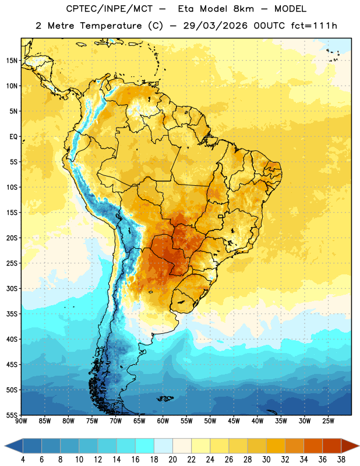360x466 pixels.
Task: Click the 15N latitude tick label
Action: coord(12,61)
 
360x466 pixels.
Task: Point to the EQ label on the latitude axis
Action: coord(13,137)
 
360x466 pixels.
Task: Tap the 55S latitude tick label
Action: coord(12,415)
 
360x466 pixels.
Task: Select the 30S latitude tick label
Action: coord(12,288)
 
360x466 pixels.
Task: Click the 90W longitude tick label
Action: coord(21,421)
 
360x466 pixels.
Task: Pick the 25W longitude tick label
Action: coord(328,421)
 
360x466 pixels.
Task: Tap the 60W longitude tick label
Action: coord(163,421)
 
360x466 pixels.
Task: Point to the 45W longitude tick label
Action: coord(234,421)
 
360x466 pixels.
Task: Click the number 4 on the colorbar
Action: coord(23,460)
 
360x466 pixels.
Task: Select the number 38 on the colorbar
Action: coord(341,460)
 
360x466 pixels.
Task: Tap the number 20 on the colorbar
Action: coord(172,460)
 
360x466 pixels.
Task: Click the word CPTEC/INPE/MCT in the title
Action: coord(110,9)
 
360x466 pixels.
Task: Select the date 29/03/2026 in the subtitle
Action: coord(215,26)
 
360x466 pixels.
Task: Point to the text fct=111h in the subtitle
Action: coord(314,26)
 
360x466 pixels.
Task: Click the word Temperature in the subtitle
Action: coord(111,26)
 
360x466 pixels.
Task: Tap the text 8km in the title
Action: coord(243,9)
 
